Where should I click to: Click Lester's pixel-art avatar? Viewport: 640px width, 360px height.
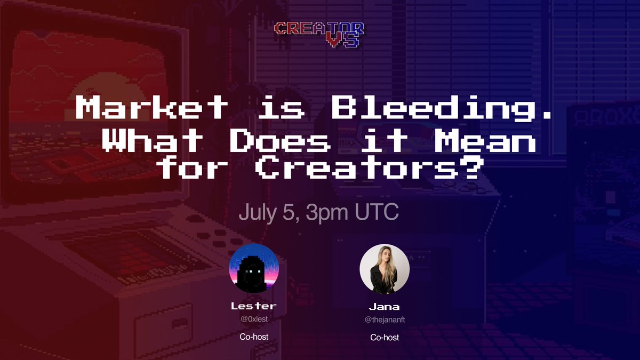(x=254, y=268)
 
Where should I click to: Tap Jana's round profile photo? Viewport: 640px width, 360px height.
(x=385, y=269)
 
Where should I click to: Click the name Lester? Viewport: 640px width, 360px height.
(x=254, y=306)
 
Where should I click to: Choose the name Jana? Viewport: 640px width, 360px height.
(x=385, y=307)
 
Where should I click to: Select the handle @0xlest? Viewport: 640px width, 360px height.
(x=254, y=319)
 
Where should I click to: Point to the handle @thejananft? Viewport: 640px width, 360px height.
(x=385, y=319)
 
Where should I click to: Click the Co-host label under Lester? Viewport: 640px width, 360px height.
(x=254, y=337)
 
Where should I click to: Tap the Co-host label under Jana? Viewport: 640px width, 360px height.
(x=385, y=338)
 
